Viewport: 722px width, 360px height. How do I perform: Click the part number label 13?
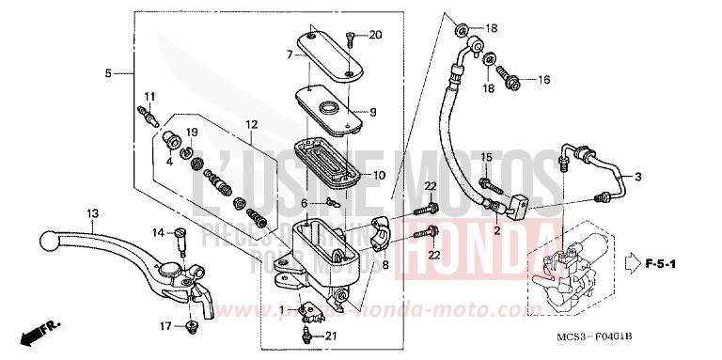pyautogui.click(x=93, y=213)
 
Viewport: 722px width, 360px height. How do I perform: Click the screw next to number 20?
pyautogui.click(x=350, y=39)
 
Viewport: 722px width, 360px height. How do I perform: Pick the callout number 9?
pyautogui.click(x=373, y=112)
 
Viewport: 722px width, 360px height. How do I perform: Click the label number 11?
pyautogui.click(x=149, y=97)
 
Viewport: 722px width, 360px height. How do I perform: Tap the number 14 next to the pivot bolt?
pyautogui.click(x=158, y=232)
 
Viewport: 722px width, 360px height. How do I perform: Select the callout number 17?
pyautogui.click(x=165, y=327)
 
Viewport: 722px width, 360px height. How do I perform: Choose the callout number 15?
pyautogui.click(x=486, y=156)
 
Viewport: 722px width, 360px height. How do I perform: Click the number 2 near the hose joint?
pyautogui.click(x=496, y=228)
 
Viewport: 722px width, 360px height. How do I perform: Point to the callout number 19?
pyautogui.click(x=191, y=132)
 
